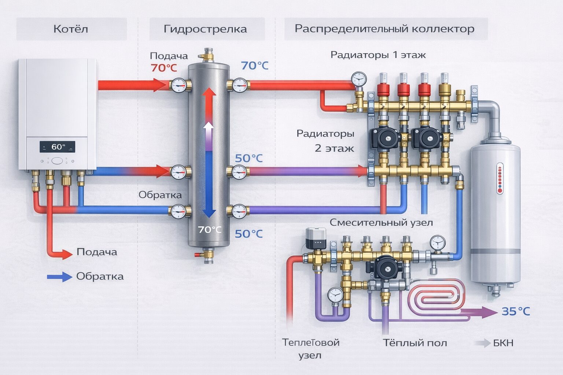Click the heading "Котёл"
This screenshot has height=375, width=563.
71,29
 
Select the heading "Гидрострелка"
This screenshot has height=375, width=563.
205,29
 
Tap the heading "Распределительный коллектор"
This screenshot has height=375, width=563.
384,29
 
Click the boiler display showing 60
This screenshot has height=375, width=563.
57,147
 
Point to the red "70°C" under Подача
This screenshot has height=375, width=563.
163,68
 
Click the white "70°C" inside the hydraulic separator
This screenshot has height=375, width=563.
210,230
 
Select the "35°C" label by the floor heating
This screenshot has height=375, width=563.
515,311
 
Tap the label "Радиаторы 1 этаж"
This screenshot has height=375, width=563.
378,55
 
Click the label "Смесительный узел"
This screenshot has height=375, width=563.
381,222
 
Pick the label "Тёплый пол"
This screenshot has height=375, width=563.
415,343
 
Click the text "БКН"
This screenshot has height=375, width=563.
503,343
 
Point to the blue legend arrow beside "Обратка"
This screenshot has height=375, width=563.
59,277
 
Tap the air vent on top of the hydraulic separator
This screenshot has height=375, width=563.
208,54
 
